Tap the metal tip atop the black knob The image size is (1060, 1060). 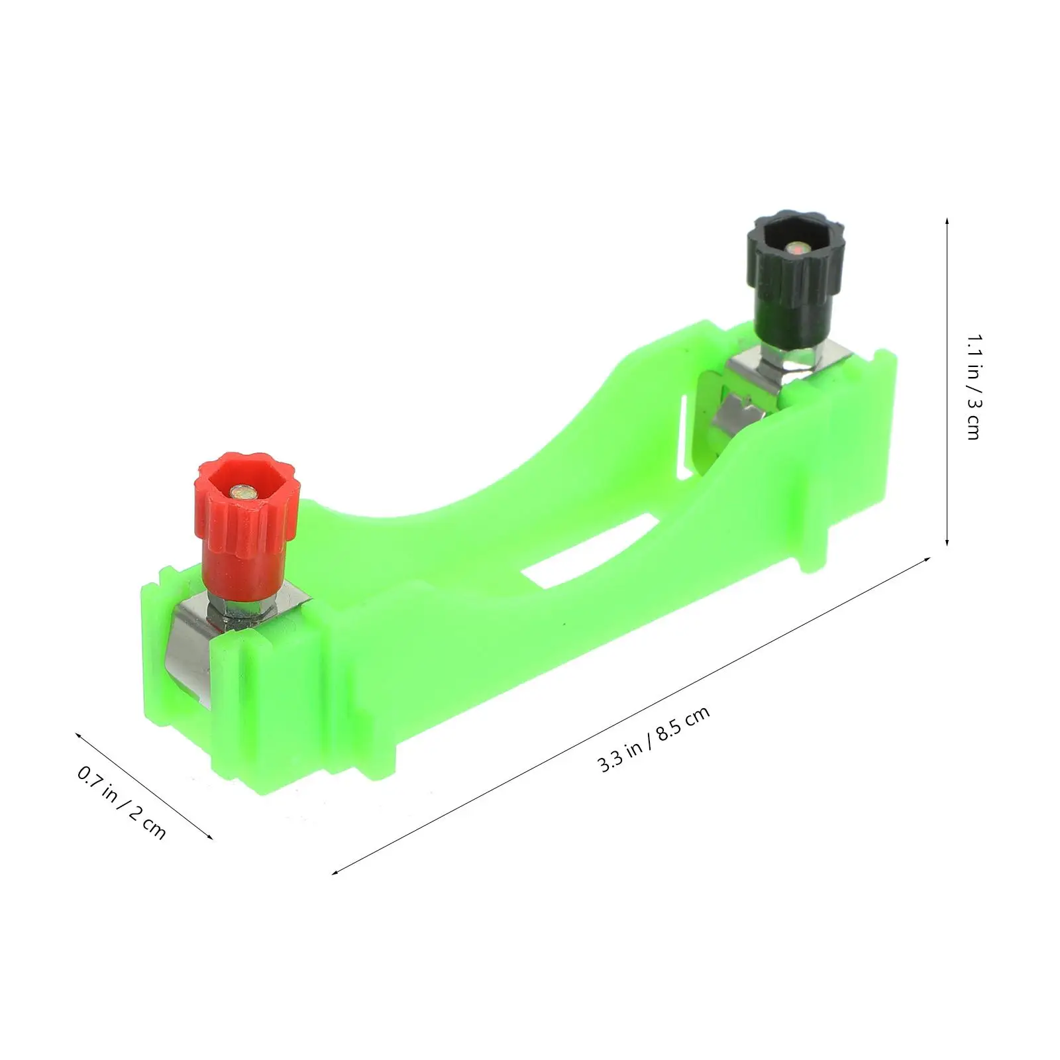(798, 249)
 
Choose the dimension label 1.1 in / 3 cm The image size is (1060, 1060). (973, 386)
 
